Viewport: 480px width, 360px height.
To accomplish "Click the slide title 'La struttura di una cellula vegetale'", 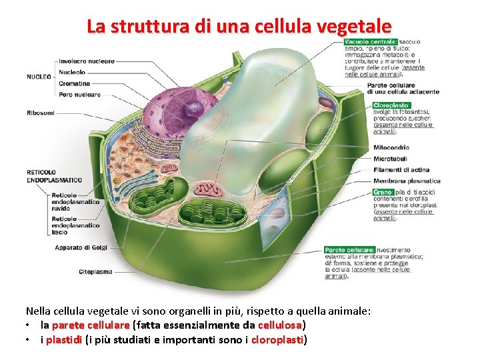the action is click(x=239, y=27).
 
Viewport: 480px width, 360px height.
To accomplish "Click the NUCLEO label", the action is click(x=39, y=77).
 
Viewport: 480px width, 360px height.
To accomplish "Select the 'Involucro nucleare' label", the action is click(x=87, y=61).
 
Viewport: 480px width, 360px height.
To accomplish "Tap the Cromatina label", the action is click(x=75, y=83).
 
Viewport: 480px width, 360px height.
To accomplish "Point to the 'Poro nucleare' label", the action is click(x=79, y=95).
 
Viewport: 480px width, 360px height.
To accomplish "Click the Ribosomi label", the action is click(x=41, y=113).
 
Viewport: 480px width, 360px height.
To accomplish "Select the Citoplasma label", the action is click(x=95, y=272).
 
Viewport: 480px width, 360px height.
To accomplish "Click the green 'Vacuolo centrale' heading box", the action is click(x=371, y=42).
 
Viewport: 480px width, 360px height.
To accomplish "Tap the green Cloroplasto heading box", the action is click(x=391, y=105).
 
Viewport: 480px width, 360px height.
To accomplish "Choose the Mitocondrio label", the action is click(x=391, y=147).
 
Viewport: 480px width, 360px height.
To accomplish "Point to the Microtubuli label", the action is click(x=390, y=159).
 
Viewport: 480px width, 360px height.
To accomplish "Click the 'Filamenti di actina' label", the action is click(x=401, y=169).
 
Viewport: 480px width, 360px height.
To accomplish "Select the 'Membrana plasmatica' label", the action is click(x=407, y=181).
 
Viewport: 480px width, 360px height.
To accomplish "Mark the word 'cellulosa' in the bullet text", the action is click(x=281, y=325).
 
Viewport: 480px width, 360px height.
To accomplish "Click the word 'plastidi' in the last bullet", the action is click(x=64, y=340).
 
